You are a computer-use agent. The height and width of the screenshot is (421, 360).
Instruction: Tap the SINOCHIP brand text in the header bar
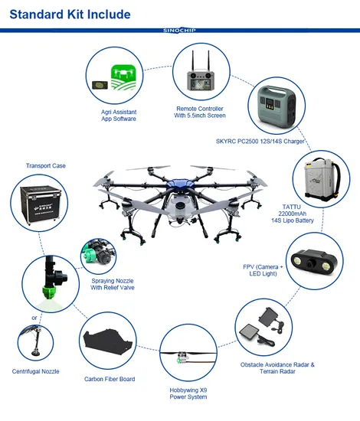coord(180,31)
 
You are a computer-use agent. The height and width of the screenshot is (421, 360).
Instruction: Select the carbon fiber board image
coord(109,343)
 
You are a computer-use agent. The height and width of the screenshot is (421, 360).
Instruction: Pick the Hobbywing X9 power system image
coord(186,357)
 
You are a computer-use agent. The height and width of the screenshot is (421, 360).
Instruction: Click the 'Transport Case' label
coord(45,165)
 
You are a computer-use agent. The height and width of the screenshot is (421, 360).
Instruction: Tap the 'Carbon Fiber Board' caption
coord(110,379)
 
